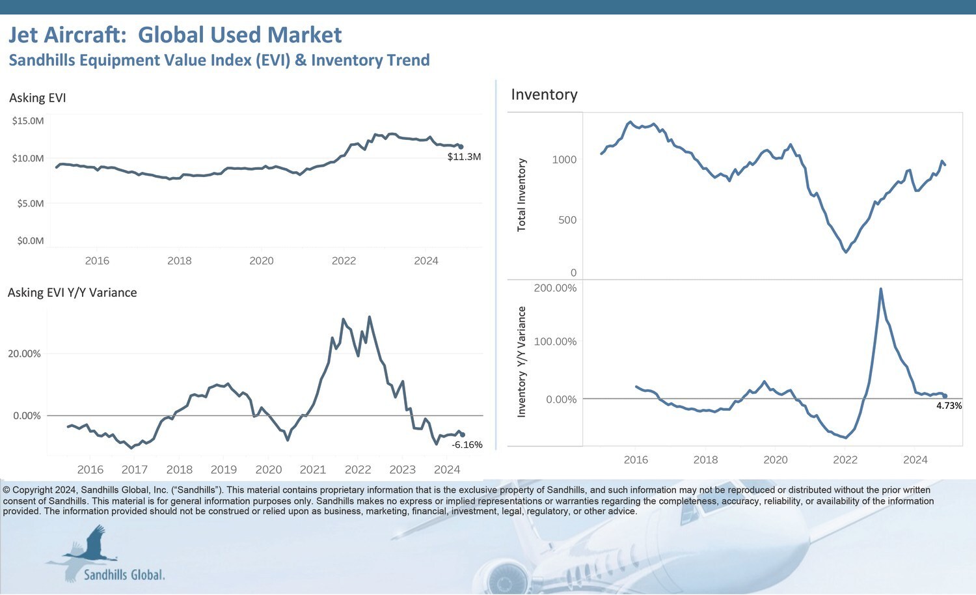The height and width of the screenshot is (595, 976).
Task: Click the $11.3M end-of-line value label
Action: tap(464, 157)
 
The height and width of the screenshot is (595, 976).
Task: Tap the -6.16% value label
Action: tap(467, 445)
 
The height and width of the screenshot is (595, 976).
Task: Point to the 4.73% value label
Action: tap(949, 406)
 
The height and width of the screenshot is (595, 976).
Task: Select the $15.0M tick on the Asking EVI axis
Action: tap(28, 121)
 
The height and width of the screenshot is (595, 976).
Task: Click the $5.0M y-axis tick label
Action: tap(30, 204)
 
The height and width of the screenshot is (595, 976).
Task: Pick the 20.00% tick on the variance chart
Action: tap(24, 354)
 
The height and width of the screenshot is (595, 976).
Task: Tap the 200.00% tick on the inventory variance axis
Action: tap(555, 288)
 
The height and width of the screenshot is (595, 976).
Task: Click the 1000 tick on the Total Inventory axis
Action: tap(564, 159)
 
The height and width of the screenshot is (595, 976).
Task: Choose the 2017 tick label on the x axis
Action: tap(135, 469)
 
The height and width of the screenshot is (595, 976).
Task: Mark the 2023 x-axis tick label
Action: tap(402, 469)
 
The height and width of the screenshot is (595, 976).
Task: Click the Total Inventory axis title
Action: tap(521, 195)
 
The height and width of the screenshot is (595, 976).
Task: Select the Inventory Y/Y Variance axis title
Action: tap(521, 362)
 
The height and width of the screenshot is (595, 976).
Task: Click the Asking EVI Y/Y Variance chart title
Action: tap(72, 293)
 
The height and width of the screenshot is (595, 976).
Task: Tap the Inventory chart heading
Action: tap(544, 95)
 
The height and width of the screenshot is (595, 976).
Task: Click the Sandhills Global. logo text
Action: tap(124, 575)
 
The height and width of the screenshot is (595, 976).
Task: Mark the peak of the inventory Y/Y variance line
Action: tap(880, 289)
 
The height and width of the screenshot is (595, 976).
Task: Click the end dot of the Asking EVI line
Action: tap(461, 147)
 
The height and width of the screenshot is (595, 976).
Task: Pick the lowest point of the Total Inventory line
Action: tap(846, 252)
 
